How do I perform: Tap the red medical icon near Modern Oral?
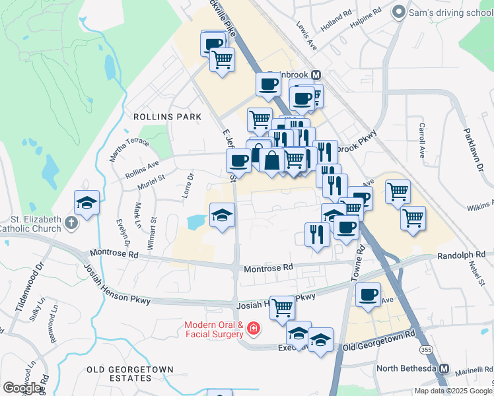coord(254,329)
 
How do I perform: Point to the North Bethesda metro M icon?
coord(445,368)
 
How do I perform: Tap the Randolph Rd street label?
coord(461,254)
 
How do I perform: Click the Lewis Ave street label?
coord(307,40)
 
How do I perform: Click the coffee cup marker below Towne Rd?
coord(368,294)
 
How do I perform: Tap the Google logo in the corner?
coord(22,388)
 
